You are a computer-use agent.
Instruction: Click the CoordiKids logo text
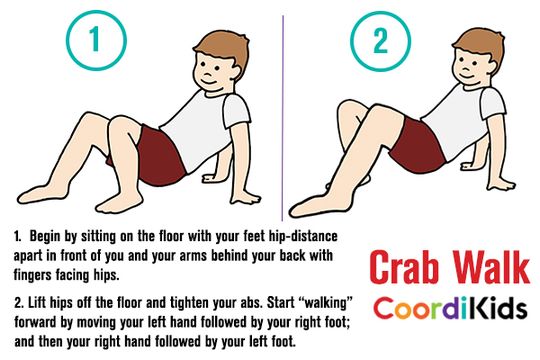[446, 309]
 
